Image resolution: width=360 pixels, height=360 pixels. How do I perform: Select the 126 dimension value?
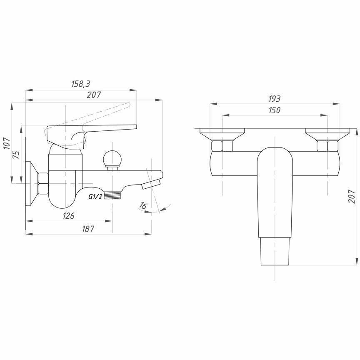68,216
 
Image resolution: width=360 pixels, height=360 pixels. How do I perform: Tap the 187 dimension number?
88,229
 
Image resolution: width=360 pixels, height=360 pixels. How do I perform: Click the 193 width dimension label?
274,99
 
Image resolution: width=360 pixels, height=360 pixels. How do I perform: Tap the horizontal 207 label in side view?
94,95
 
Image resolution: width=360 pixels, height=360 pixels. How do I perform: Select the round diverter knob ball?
112,158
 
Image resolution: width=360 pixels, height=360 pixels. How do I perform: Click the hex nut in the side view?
43,184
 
